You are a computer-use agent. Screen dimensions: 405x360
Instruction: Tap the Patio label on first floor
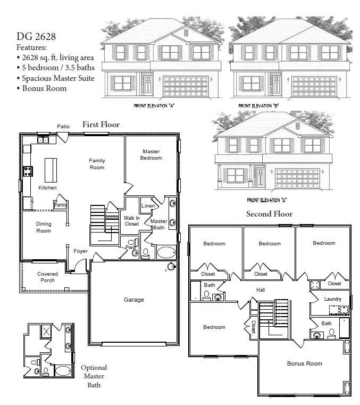(x=63, y=126)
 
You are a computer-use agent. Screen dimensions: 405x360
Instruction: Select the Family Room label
(x=97, y=164)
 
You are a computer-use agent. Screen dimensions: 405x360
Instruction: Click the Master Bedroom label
(x=151, y=154)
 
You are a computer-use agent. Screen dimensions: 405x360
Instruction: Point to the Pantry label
(x=60, y=204)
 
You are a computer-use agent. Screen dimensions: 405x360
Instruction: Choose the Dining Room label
(x=44, y=227)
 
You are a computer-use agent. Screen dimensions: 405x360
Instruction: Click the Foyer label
(x=81, y=251)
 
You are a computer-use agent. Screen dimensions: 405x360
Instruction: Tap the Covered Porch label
(x=47, y=277)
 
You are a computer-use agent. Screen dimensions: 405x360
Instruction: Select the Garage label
(x=134, y=300)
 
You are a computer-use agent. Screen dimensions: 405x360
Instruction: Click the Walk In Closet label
(x=131, y=221)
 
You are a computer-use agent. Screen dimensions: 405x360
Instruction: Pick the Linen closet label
(x=148, y=206)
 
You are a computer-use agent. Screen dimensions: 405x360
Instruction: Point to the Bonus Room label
(x=305, y=363)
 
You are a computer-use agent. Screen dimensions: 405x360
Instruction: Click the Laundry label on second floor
(x=333, y=299)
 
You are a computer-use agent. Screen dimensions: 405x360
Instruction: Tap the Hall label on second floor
(x=261, y=290)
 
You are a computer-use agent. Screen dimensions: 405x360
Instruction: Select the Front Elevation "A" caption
(x=154, y=106)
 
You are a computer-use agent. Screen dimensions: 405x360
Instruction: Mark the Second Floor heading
(x=269, y=214)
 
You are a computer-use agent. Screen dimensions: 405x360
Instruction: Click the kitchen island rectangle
(x=51, y=170)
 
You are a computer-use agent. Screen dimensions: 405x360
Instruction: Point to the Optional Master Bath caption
(x=94, y=376)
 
